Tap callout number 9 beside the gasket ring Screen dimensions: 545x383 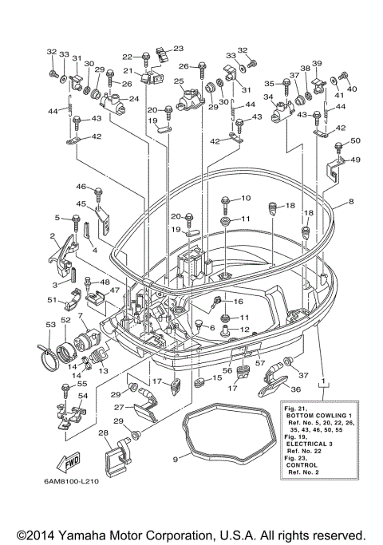(x=176, y=459)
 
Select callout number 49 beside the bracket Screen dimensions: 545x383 (x=355, y=160)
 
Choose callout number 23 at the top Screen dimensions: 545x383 (x=178, y=49)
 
